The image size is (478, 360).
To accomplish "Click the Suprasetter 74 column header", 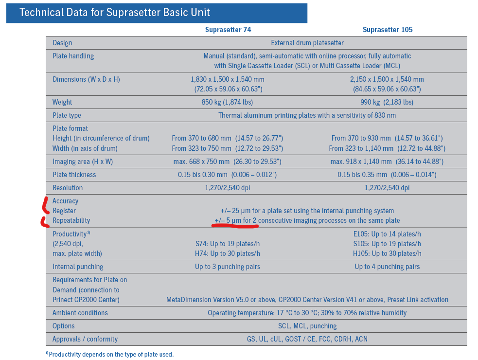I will coord(228,30).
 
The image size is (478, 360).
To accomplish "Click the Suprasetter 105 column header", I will coord(387,30).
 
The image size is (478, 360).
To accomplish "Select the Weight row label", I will coord(62,102).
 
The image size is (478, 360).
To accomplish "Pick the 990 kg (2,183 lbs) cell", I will coord(387,102).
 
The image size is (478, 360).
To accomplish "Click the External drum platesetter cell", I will coord(307,43).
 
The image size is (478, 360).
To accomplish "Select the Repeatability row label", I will coord(71,220).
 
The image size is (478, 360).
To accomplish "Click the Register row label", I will coord(64,211).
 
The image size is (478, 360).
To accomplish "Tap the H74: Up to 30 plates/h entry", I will coord(228,253).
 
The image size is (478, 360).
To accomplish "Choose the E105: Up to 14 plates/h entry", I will coord(387,234).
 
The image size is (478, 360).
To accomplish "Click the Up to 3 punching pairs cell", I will coord(228,267).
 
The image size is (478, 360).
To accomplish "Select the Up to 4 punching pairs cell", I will coord(387,267).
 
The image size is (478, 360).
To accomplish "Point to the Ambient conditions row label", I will coord(80,313).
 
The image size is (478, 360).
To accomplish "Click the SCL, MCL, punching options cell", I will coord(307,326).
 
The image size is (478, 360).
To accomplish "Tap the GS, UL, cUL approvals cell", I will coord(307,339).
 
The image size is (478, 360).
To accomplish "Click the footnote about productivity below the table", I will coord(110,354).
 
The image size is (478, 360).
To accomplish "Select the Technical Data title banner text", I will coord(115,12).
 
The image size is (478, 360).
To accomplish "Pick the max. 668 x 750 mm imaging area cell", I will coord(228,162).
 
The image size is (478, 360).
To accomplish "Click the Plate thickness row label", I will coord(74,175).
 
